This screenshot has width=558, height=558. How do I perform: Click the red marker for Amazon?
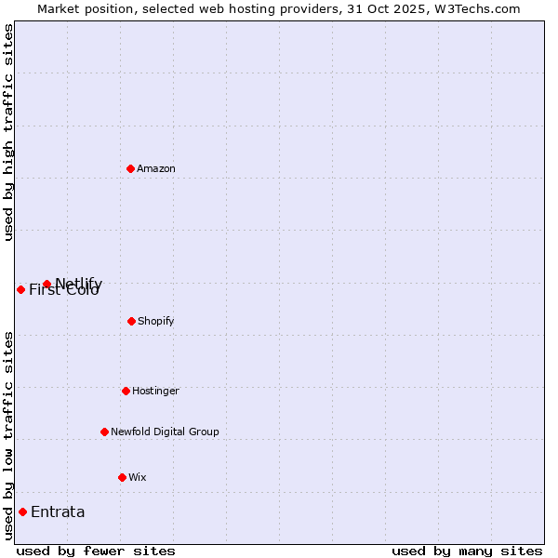[131, 168]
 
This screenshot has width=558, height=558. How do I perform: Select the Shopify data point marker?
[131, 321]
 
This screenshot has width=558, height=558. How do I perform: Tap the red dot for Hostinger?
[126, 391]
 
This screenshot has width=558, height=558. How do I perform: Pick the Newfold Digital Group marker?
[104, 432]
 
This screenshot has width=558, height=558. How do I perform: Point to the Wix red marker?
[122, 477]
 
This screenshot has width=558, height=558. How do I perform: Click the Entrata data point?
[22, 511]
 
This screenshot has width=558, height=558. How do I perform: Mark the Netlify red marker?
[46, 284]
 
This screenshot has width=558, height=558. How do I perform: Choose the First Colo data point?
[20, 289]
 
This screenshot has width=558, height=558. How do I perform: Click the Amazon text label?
[156, 168]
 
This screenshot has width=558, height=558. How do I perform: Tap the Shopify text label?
[156, 321]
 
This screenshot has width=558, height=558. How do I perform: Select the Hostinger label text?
[155, 391]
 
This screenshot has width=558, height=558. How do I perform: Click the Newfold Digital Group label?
[165, 432]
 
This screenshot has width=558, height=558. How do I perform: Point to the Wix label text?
[138, 477]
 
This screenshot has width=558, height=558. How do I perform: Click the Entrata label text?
[58, 511]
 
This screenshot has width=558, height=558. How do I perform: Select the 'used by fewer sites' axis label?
[96, 551]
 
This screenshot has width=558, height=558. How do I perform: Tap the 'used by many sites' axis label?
[467, 551]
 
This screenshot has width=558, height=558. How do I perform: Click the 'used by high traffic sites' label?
[8, 132]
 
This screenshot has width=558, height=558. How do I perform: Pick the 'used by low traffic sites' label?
[8, 434]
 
